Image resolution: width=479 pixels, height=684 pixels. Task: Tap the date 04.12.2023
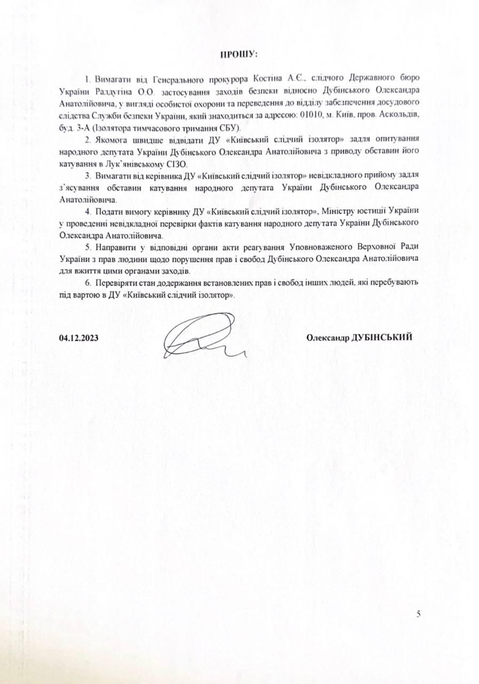pyautogui.click(x=79, y=338)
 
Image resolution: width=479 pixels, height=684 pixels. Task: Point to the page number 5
pyautogui.click(x=419, y=614)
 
